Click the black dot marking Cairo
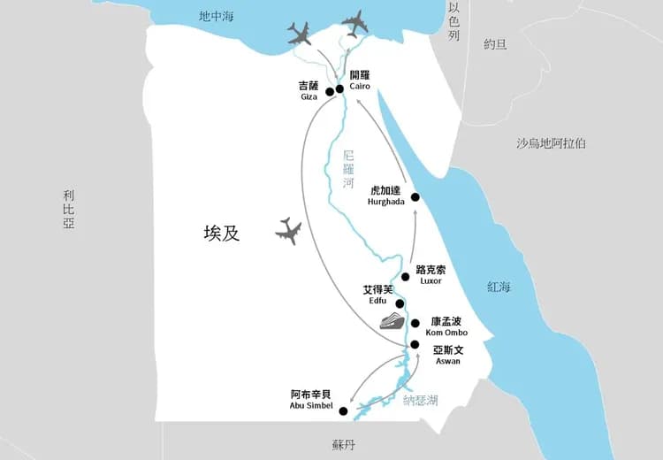339,89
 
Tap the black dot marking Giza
329,91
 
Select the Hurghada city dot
415,196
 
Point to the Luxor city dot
406,277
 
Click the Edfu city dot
400,303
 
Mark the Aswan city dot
415,345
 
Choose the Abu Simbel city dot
343,411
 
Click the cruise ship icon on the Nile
391,321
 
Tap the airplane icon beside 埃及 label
288,232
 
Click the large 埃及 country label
221,234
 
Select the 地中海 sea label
216,16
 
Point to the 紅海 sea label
499,287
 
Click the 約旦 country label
495,44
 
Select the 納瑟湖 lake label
421,401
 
